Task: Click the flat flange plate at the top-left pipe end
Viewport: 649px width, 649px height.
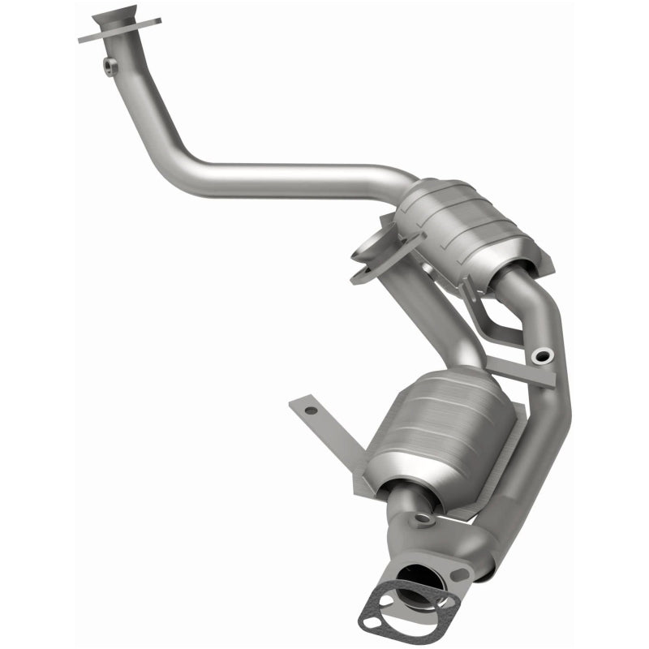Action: pyautogui.click(x=122, y=32)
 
